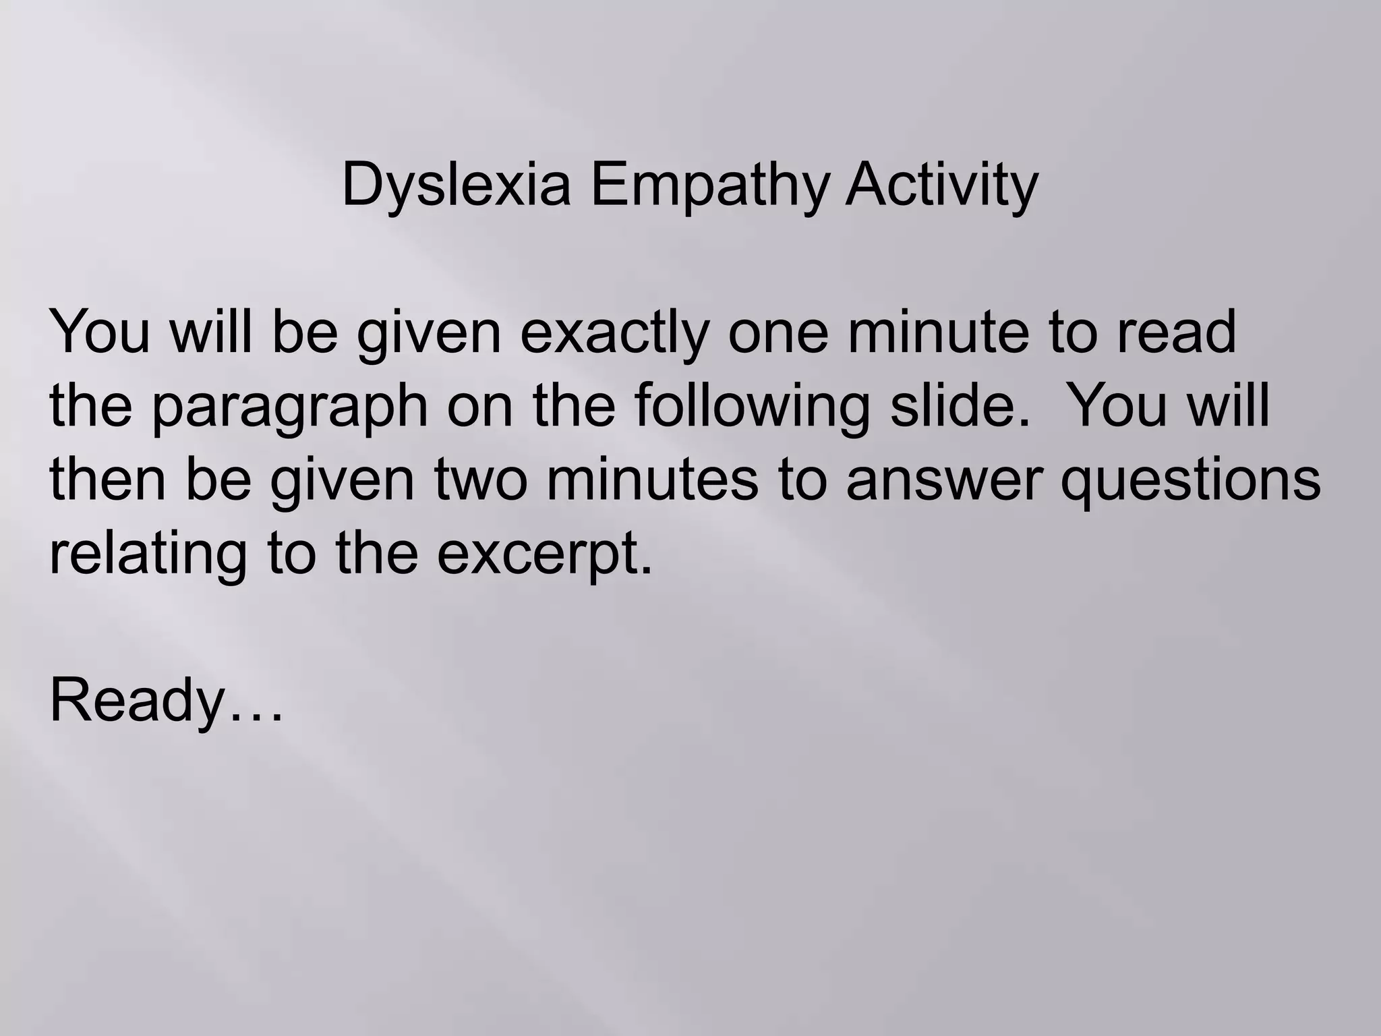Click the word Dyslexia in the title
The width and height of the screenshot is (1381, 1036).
[457, 185]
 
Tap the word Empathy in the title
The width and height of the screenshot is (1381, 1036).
[708, 185]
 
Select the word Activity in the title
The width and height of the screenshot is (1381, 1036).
[941, 185]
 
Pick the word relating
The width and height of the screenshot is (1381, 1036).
[148, 554]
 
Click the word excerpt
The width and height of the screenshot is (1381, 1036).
[545, 555]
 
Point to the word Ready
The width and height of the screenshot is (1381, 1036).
[136, 701]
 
